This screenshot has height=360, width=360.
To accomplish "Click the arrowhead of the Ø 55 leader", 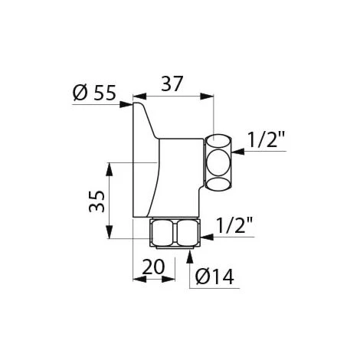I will pyautogui.click(x=128, y=105).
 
